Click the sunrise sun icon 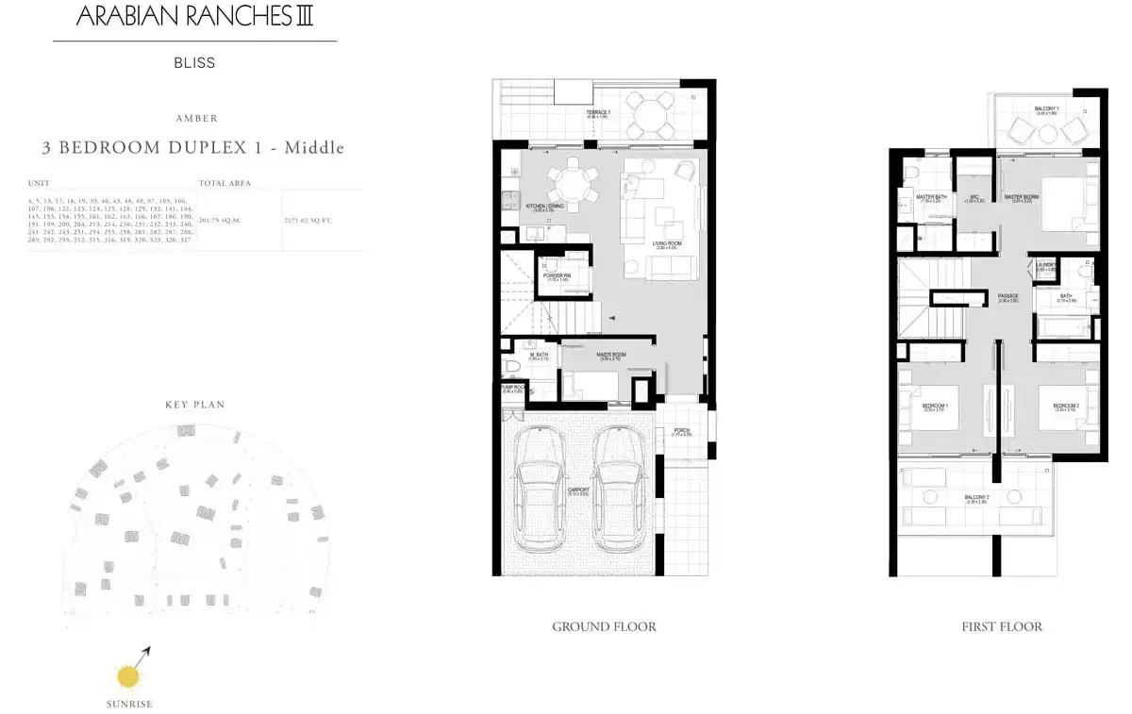pos(125,676)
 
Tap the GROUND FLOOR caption pos(604,626)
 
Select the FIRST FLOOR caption pos(1002,626)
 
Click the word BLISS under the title pos(194,63)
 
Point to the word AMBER pos(196,119)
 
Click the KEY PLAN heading pos(195,405)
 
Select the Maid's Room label pos(608,357)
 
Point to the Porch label pos(681,432)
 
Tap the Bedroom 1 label pos(934,407)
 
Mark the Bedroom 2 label pos(1066,407)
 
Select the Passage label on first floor pos(1007,297)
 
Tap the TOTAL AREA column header pos(225,183)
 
